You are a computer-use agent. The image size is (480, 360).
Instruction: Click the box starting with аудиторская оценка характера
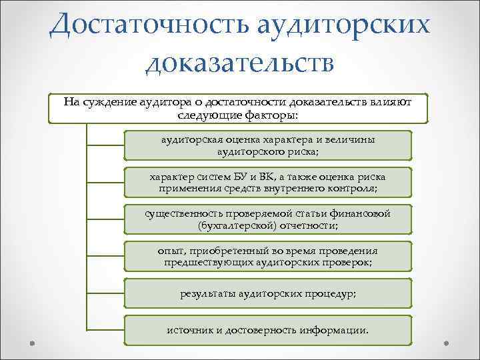[x=268, y=145]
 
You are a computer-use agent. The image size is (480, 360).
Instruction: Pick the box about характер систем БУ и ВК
[x=268, y=182]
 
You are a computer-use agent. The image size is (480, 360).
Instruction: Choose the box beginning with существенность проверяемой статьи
[x=268, y=219]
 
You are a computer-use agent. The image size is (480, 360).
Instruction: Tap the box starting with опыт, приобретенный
[x=268, y=256]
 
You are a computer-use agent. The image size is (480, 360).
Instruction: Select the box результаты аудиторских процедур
[x=268, y=293]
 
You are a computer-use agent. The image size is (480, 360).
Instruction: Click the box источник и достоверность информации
[x=268, y=330]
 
